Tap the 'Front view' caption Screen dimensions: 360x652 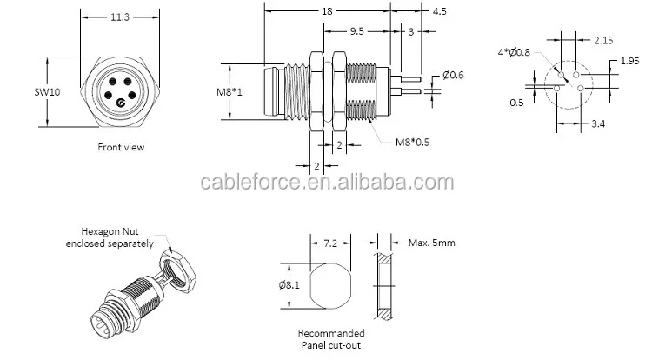coord(121,147)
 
